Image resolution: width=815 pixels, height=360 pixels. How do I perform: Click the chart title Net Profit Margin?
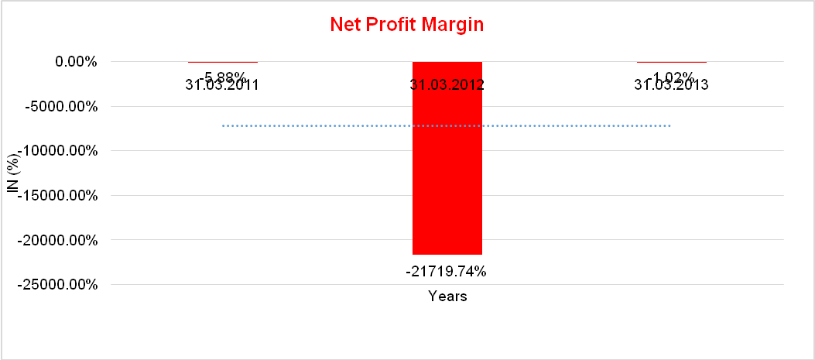pos(406,24)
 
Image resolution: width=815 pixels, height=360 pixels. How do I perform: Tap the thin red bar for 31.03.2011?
pos(223,61)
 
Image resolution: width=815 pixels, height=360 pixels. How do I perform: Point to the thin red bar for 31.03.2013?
pos(671,61)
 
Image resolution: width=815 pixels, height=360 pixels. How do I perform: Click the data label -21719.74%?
pos(446,272)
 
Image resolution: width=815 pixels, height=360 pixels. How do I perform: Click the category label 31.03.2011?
pos(222,85)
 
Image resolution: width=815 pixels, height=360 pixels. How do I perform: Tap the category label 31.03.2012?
pos(447,85)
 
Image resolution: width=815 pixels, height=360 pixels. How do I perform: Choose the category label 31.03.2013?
pos(671,85)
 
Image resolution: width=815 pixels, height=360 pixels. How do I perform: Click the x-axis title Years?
pos(447,297)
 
